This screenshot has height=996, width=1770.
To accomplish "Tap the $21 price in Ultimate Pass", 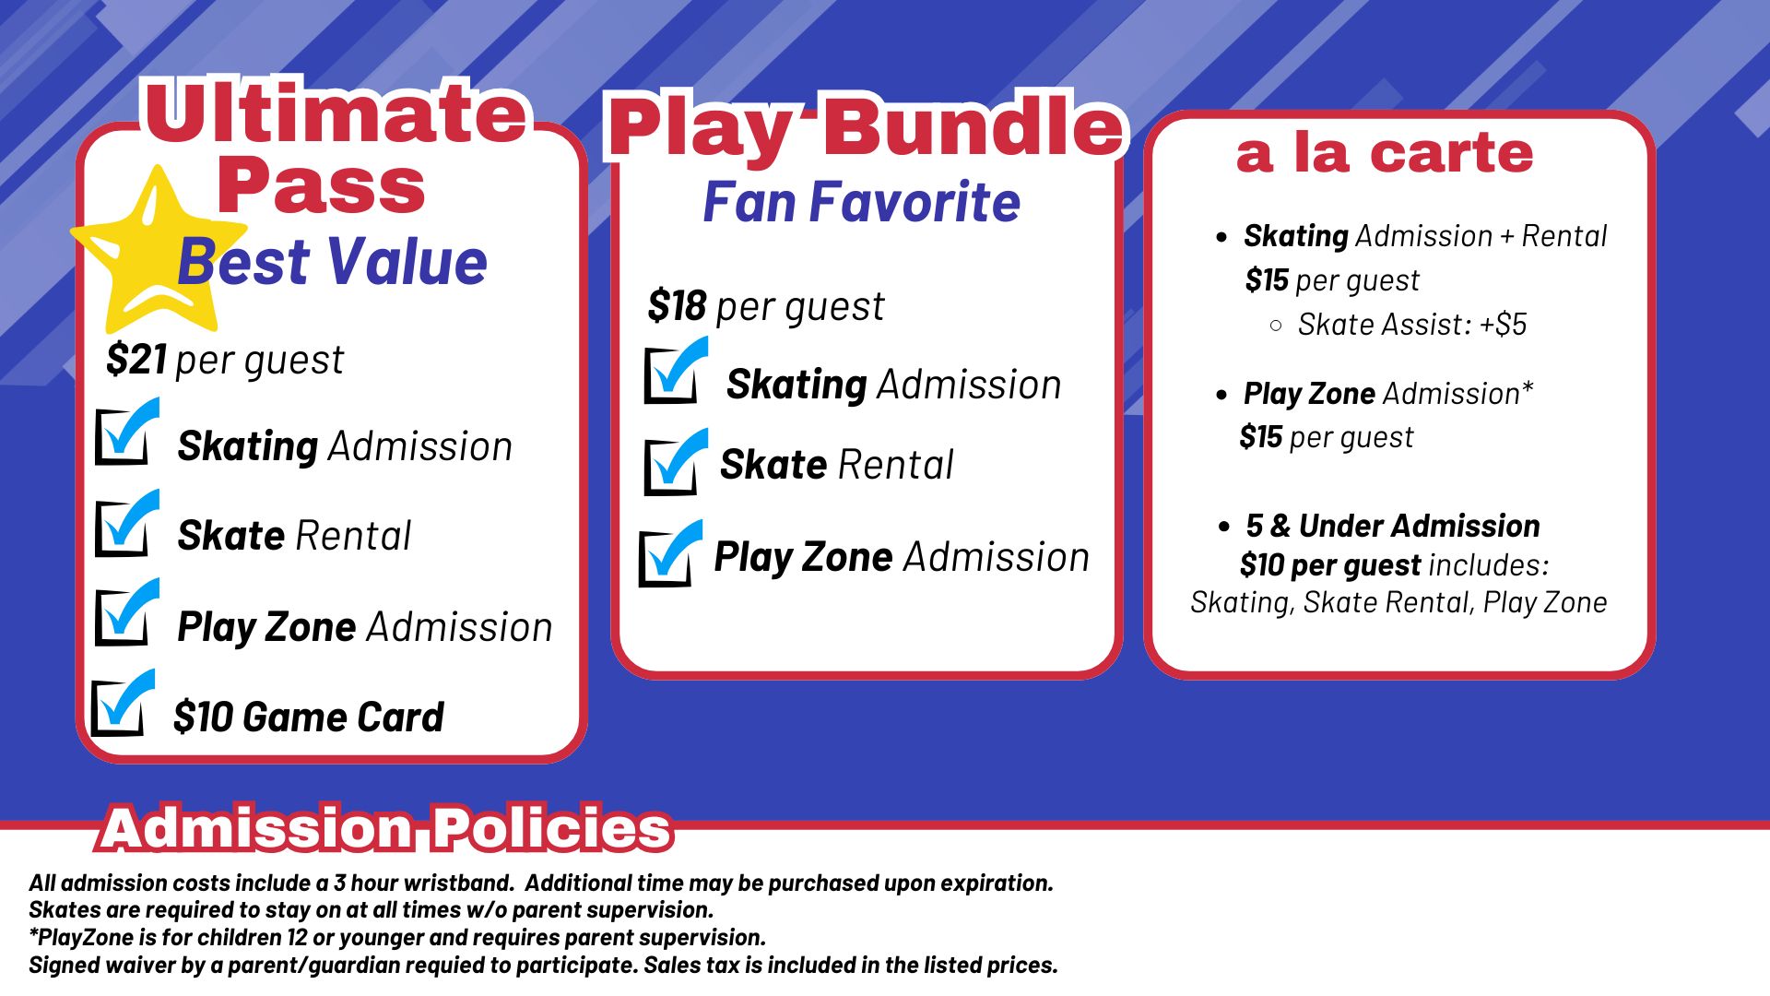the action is click(x=136, y=359).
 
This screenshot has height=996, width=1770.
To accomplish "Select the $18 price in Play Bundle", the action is click(x=677, y=305).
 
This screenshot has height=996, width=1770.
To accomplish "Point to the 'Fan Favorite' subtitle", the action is click(x=861, y=202).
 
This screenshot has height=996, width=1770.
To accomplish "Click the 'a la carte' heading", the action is click(x=1384, y=152).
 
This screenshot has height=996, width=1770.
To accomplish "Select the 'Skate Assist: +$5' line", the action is click(x=1411, y=325).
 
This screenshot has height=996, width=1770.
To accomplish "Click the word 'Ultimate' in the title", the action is click(x=336, y=113).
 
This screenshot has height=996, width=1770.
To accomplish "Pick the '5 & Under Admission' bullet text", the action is click(x=1392, y=526).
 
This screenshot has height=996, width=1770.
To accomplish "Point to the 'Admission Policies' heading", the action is click(x=386, y=828).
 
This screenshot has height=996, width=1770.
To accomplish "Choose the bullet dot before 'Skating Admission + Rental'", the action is click(x=1221, y=237).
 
